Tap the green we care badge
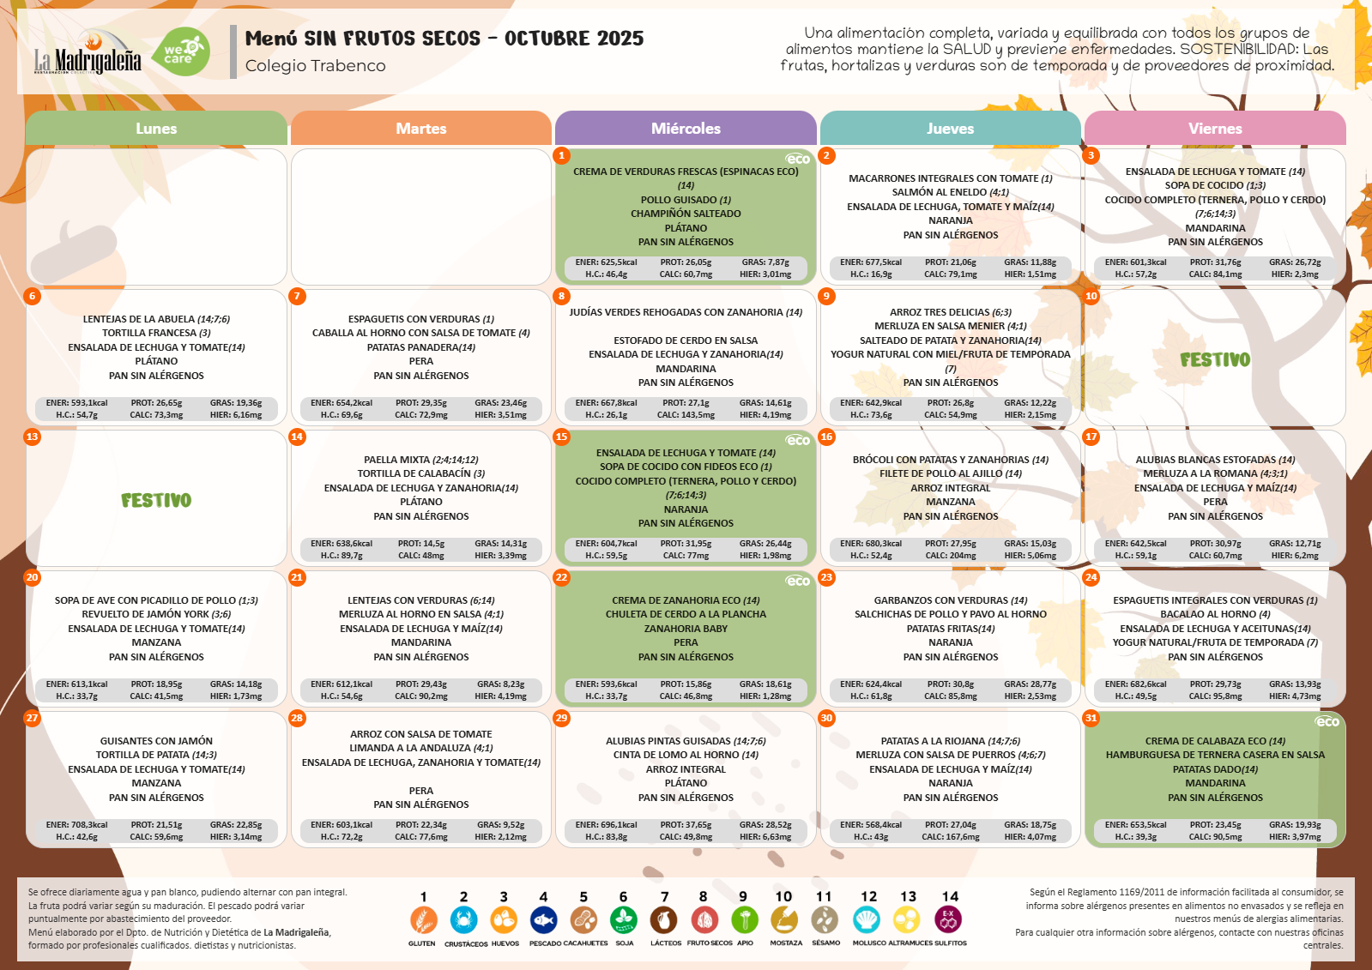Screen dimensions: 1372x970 click(181, 52)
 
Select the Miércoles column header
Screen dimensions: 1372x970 click(686, 128)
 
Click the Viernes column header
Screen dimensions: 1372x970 click(1215, 128)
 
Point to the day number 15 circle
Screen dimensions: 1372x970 click(562, 437)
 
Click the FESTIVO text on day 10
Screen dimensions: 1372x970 click(1215, 359)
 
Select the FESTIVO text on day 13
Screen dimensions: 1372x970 click(156, 500)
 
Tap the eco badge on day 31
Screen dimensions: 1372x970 click(1327, 722)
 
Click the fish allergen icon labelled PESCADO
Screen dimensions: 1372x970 click(543, 919)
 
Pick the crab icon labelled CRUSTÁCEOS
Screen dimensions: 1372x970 click(463, 919)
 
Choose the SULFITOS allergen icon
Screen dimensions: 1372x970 click(948, 919)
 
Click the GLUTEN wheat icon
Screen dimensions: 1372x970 click(423, 919)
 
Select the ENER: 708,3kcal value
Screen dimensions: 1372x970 click(76, 825)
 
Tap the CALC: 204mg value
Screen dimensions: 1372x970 click(951, 556)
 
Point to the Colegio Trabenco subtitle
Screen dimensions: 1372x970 click(316, 65)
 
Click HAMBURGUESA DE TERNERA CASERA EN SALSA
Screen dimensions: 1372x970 click(1215, 755)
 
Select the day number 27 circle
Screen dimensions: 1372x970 click(32, 719)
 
